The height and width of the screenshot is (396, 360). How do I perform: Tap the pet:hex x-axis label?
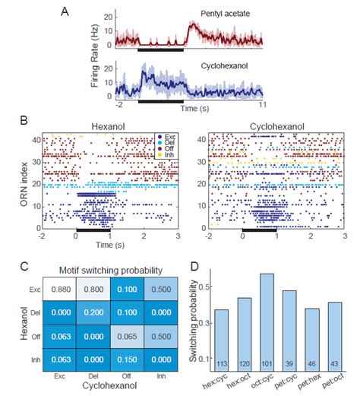311,383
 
